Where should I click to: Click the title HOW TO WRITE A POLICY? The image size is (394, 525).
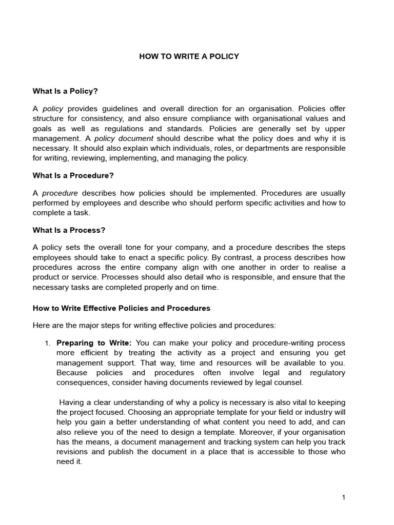pyautogui.click(x=189, y=56)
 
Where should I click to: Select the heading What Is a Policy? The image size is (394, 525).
pyautogui.click(x=65, y=91)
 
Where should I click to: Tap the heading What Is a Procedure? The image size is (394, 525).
pyautogui.click(x=73, y=175)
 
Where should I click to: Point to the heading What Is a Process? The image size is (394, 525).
pyautogui.click(x=69, y=230)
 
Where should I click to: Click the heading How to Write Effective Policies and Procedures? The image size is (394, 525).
pyautogui.click(x=122, y=308)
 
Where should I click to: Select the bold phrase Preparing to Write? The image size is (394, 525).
pyautogui.click(x=94, y=342)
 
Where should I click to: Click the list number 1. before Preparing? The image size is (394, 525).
pyautogui.click(x=47, y=342)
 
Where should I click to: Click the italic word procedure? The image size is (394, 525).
pyautogui.click(x=60, y=193)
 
